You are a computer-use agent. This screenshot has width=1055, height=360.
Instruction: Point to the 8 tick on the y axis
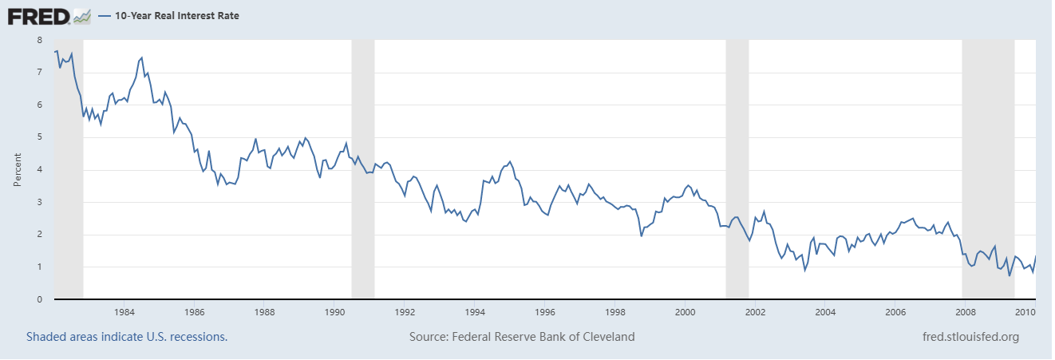click(40, 39)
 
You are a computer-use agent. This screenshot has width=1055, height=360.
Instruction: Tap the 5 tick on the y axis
click(40, 136)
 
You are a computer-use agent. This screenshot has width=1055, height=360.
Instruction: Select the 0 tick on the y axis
click(40, 299)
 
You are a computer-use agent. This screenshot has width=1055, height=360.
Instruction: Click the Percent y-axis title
click(18, 169)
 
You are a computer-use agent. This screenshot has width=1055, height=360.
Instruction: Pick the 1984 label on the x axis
click(124, 312)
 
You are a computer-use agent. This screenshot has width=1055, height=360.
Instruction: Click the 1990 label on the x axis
click(334, 312)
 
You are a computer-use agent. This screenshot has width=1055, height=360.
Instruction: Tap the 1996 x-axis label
click(545, 312)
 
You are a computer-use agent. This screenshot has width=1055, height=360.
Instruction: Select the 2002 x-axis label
click(756, 312)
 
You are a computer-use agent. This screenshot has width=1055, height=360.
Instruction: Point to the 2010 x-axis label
click(1025, 312)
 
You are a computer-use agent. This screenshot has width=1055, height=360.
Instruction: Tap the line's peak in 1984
click(141, 57)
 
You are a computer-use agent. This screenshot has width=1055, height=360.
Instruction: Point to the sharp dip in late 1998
click(642, 235)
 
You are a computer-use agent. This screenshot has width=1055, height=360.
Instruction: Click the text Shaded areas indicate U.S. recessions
click(127, 337)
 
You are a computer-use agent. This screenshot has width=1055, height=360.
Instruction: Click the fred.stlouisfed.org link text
click(970, 337)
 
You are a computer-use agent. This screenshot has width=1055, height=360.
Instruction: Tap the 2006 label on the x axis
click(895, 312)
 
